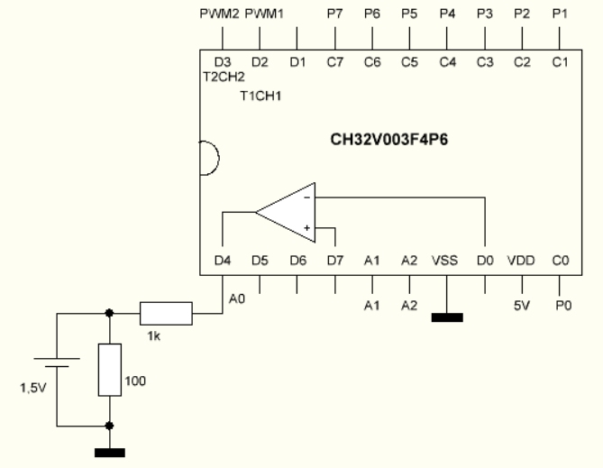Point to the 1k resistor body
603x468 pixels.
click(166, 314)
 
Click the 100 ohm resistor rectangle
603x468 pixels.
click(110, 370)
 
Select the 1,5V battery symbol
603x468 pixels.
click(57, 370)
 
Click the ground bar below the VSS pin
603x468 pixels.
click(447, 317)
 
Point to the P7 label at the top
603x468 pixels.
click(335, 14)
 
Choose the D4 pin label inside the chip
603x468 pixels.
click(223, 262)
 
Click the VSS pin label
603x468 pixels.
click(445, 262)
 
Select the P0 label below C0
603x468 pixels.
click(563, 307)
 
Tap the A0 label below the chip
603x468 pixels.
click(237, 298)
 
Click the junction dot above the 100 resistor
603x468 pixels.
click(110, 314)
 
